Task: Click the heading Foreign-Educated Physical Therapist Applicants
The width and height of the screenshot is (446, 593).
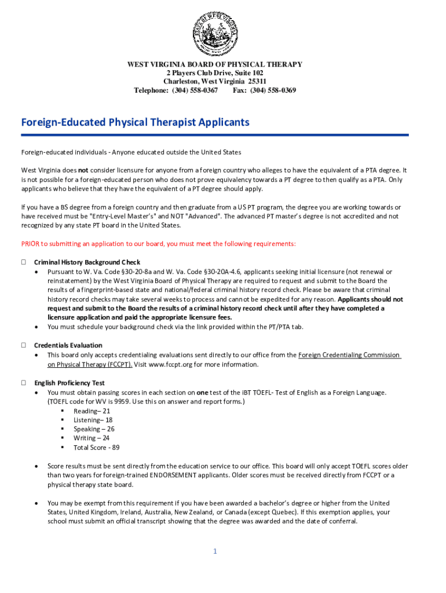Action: pyautogui.click(x=135, y=123)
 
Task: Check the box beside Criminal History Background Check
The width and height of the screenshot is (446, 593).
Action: pyautogui.click(x=24, y=262)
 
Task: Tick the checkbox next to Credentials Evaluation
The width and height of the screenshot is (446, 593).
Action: pyautogui.click(x=24, y=345)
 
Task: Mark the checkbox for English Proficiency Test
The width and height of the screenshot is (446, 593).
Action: pyautogui.click(x=24, y=383)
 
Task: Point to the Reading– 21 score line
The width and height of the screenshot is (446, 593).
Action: pyautogui.click(x=92, y=411)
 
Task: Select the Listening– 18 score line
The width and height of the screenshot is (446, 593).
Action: pyautogui.click(x=93, y=420)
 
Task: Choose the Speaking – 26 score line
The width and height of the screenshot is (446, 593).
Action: pyautogui.click(x=94, y=429)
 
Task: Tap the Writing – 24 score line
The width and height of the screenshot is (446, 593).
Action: pyautogui.click(x=92, y=438)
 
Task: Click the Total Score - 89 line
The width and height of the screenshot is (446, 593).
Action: pyautogui.click(x=96, y=448)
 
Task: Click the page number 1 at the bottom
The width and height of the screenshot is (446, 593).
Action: pyautogui.click(x=214, y=551)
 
